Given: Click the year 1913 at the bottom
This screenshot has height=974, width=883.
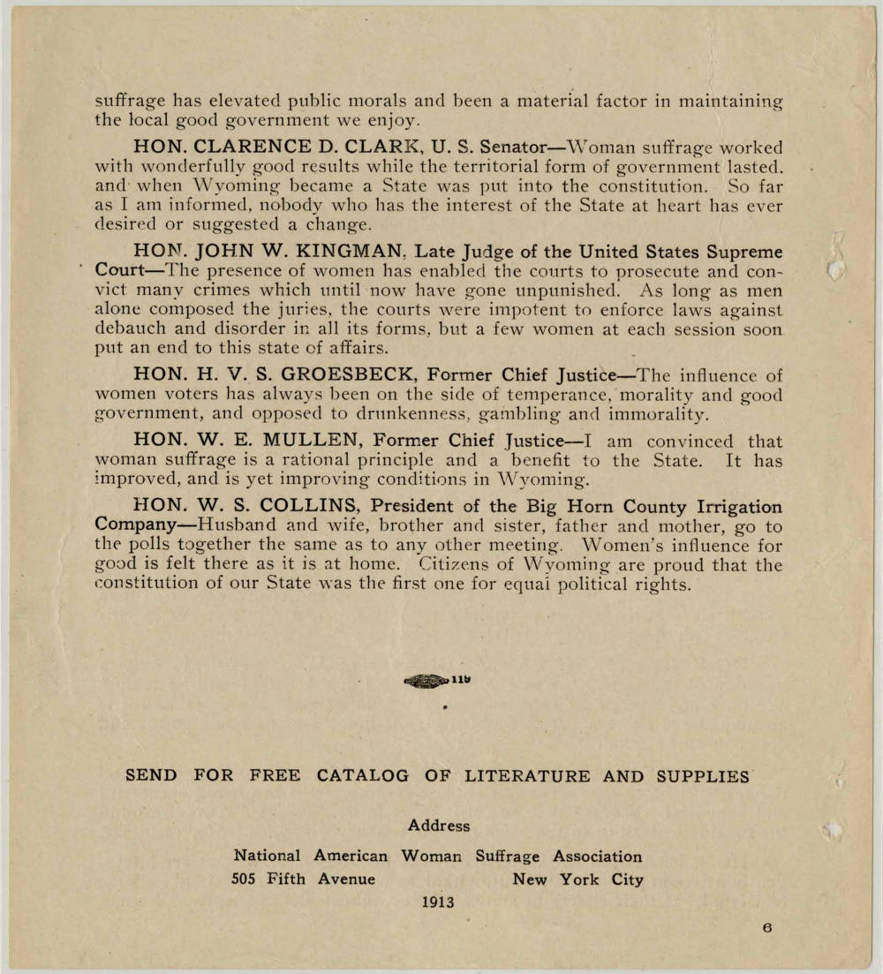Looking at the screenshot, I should [x=437, y=902].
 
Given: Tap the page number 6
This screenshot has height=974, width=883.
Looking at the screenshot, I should [x=768, y=928].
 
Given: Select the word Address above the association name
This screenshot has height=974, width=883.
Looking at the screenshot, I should [x=439, y=827].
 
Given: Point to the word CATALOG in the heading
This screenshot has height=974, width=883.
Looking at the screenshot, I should [x=363, y=777].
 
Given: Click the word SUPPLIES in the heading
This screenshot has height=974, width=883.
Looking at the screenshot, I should [x=703, y=777].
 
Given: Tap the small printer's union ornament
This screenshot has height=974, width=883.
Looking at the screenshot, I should [x=427, y=681].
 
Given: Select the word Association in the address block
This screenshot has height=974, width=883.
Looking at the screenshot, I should [x=598, y=857].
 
